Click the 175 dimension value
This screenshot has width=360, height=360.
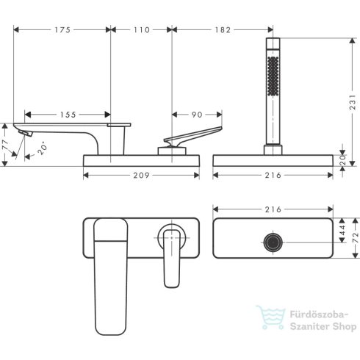click(62, 30)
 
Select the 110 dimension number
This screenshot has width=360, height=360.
click(140, 30)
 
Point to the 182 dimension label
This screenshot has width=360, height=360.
click(222, 30)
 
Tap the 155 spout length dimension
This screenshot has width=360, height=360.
click(68, 115)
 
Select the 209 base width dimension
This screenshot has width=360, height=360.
click(141, 176)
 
